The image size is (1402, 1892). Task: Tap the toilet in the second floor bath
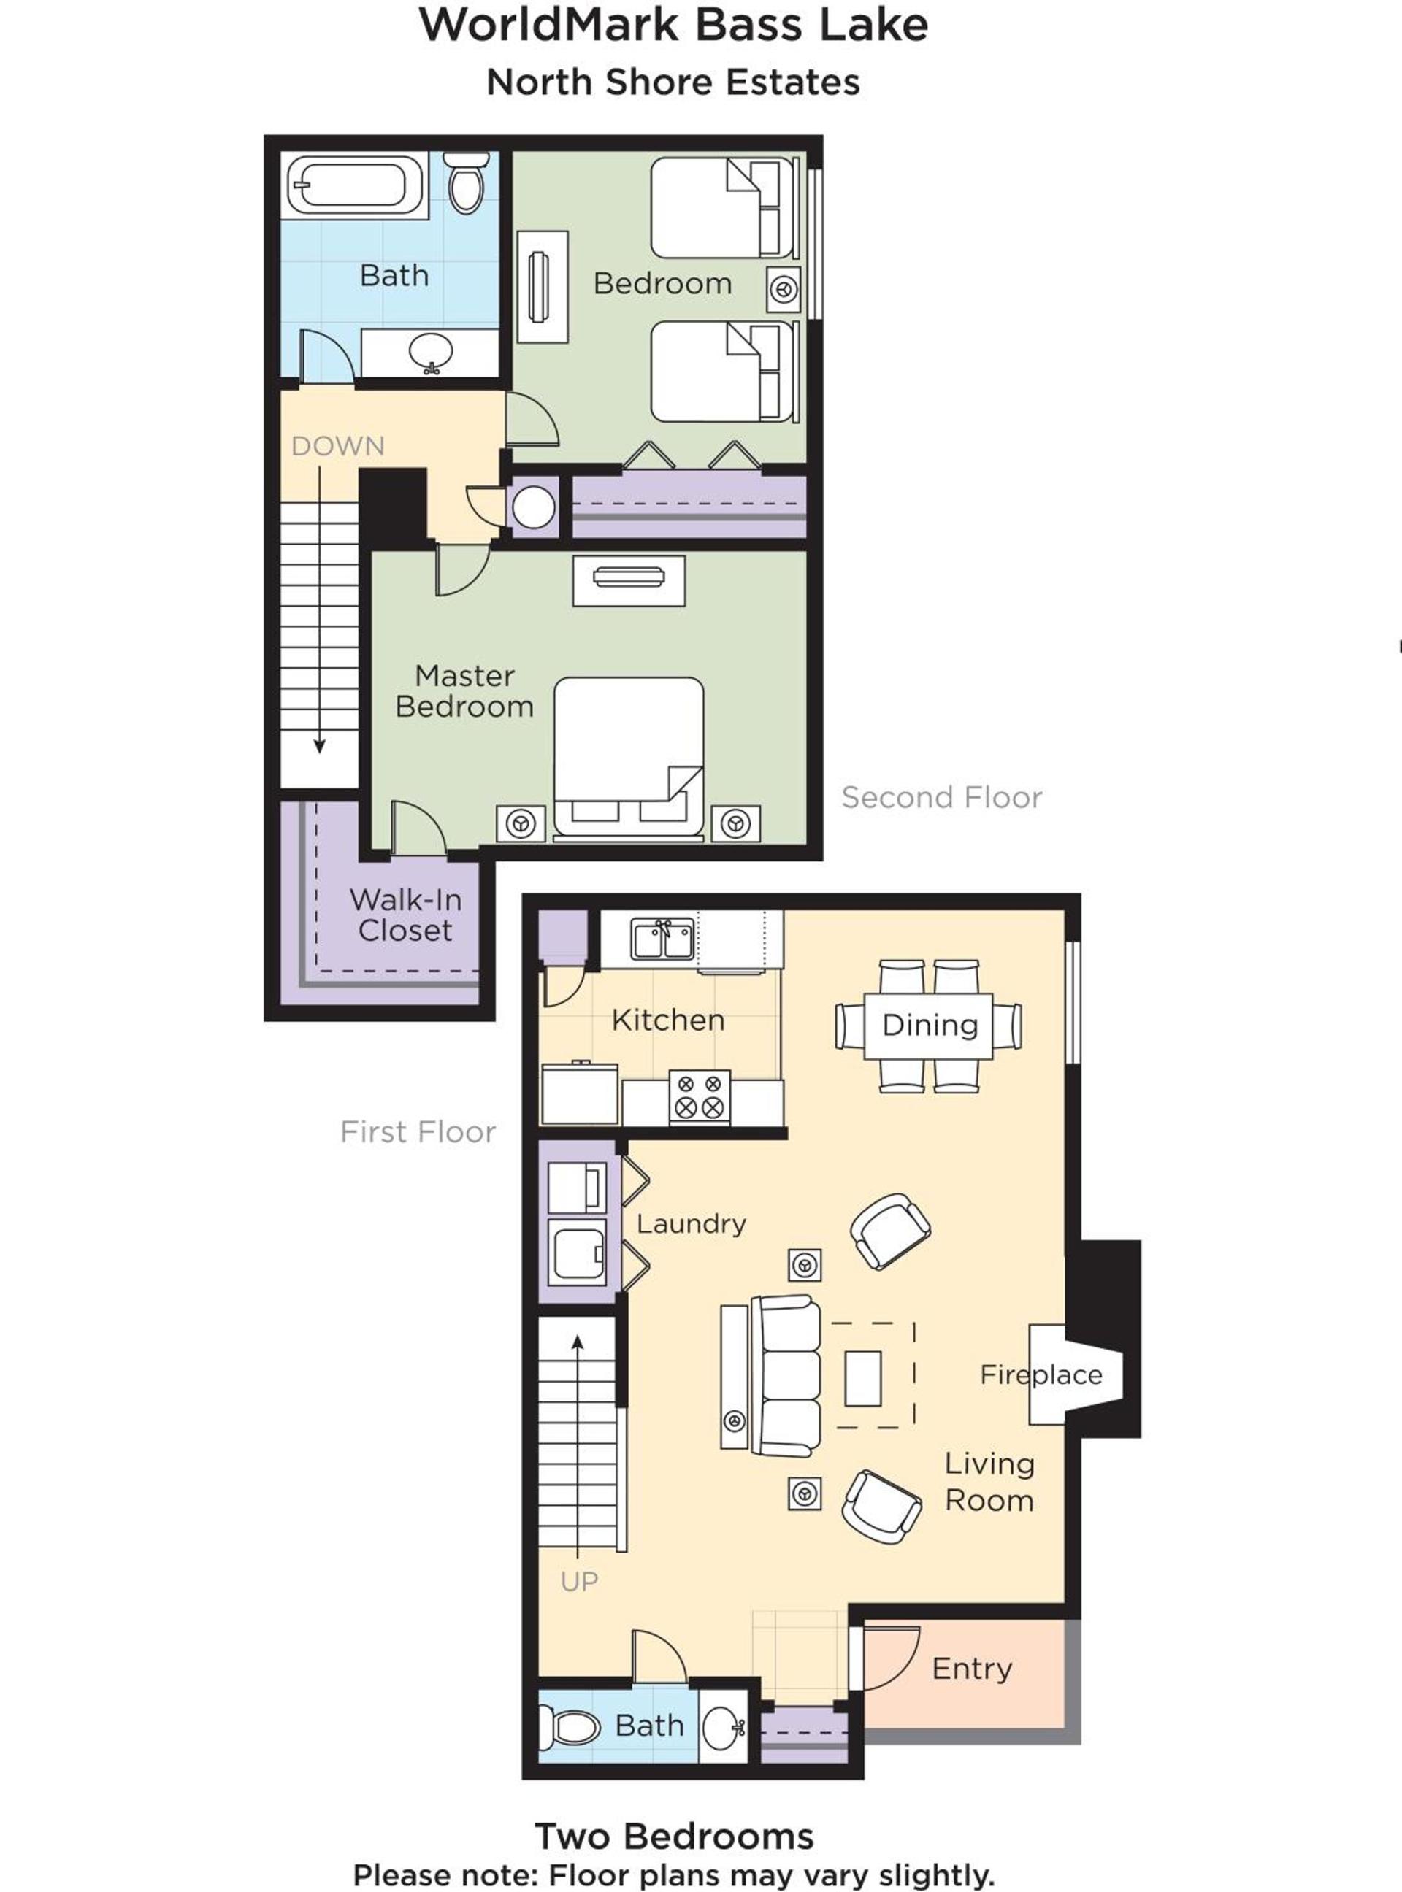(467, 182)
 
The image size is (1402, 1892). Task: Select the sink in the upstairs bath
(430, 351)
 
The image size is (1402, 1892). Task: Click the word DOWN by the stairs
(338, 445)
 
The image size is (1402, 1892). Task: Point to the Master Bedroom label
(464, 691)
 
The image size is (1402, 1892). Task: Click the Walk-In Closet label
(406, 915)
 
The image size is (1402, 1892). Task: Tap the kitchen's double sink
(662, 939)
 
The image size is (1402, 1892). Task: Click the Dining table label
(930, 1025)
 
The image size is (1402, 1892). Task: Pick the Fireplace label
(1041, 1374)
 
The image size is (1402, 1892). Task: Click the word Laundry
(692, 1223)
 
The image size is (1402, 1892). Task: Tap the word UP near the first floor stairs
(580, 1582)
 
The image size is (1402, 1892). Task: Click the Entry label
(972, 1669)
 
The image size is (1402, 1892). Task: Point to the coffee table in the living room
(862, 1379)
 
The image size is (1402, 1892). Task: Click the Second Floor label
(942, 798)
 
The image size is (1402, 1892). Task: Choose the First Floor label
(418, 1132)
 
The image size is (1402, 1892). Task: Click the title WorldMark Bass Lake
(674, 25)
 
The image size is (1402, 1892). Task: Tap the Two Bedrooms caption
(674, 1836)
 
